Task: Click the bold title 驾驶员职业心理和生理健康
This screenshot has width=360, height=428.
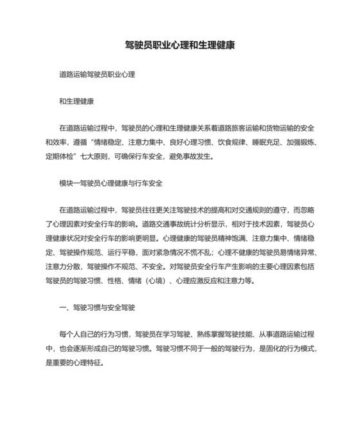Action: click(179, 46)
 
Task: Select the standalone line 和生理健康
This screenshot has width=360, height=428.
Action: click(76, 101)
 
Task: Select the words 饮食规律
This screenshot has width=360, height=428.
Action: click(221, 142)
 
